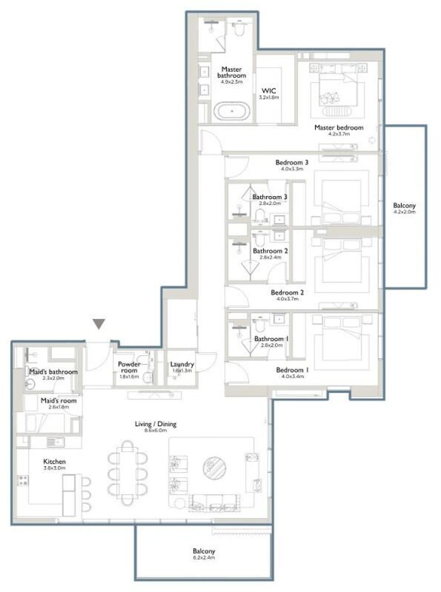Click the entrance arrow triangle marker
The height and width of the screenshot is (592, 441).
(99, 323)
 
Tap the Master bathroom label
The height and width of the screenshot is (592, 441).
(231, 72)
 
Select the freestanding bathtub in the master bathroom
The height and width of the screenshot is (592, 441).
(232, 112)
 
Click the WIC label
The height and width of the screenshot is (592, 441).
(269, 91)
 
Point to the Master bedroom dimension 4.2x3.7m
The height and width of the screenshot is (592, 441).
(339, 134)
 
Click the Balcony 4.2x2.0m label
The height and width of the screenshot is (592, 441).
(404, 205)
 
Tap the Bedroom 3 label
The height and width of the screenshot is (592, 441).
(292, 162)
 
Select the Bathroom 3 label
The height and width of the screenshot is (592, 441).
(269, 197)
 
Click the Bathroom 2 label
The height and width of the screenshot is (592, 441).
(270, 251)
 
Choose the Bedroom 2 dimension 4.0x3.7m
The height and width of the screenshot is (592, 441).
(288, 299)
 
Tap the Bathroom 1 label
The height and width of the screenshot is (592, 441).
(269, 339)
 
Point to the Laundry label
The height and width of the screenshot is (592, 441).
(182, 364)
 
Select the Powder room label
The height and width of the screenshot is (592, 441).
(129, 367)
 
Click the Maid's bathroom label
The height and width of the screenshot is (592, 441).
(53, 372)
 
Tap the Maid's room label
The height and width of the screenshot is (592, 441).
(58, 400)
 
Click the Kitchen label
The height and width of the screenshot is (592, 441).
(54, 461)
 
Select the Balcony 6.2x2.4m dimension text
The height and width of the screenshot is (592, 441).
(203, 557)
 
